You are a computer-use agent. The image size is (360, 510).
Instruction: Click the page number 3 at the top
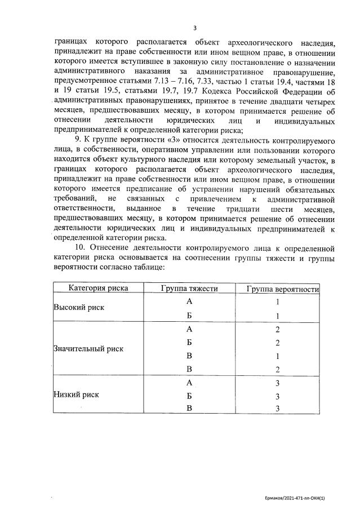coord(194,28)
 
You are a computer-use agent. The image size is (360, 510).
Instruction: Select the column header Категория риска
coord(99,288)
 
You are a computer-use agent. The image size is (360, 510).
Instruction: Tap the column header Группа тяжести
coord(189,288)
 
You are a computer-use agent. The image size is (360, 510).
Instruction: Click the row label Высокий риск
coord(79,308)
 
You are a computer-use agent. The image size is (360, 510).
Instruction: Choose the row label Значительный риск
coord(88,349)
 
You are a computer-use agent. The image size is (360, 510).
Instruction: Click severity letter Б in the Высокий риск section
coord(189,316)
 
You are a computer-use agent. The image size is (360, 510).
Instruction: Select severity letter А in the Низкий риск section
coord(189,382)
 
